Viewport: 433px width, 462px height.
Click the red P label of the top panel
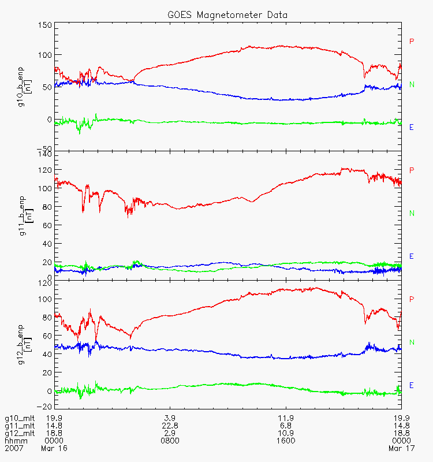[412, 42]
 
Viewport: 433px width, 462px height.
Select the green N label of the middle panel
[412, 213]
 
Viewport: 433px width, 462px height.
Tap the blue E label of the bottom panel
[412, 385]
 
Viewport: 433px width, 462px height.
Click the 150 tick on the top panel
[45, 25]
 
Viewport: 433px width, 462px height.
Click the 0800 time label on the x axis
[170, 440]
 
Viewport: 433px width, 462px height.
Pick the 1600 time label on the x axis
[286, 440]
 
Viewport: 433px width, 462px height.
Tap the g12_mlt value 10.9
[286, 433]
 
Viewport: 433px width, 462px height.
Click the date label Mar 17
[399, 448]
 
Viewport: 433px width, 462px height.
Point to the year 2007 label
[13, 448]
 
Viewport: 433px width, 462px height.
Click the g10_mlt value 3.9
[170, 418]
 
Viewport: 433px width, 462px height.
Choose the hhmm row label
[15, 440]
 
